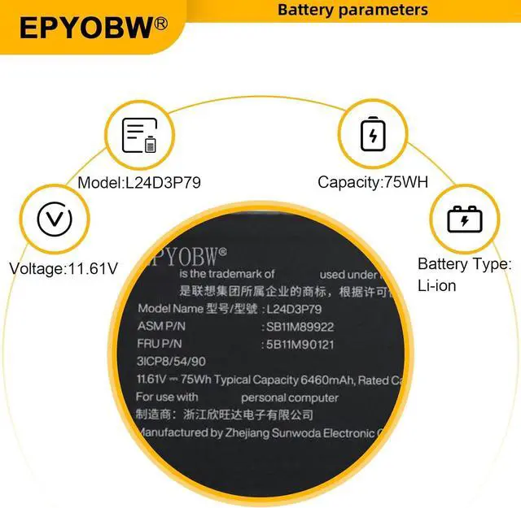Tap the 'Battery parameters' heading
coord(352,10)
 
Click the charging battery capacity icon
coord(374,134)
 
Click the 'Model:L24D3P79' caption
coord(139,183)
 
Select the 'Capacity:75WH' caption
coord(372,183)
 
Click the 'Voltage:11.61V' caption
coord(63,267)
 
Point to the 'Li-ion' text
coord(437,285)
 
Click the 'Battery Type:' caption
coord(464,264)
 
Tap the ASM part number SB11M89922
coord(300,327)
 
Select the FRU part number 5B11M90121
coord(299,344)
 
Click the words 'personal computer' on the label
coord(289,397)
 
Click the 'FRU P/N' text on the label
coord(160,344)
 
